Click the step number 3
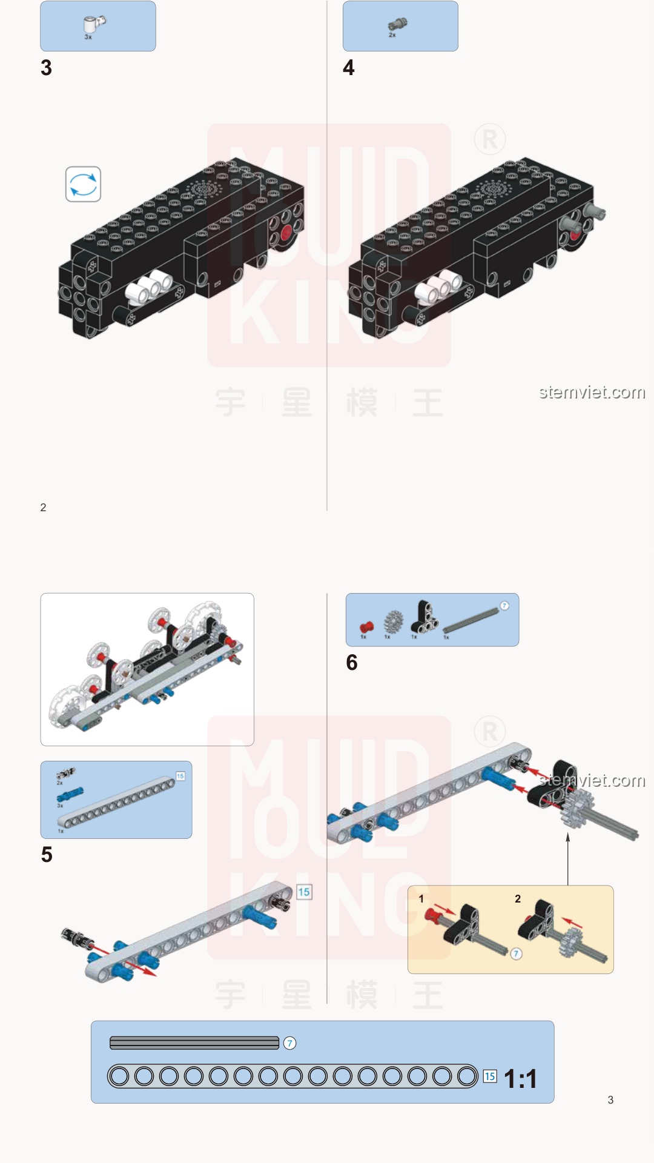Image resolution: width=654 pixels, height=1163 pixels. (46, 68)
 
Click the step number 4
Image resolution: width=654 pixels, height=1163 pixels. (348, 68)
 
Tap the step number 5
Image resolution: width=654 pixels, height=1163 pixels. (47, 855)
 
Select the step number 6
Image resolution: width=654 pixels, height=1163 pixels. (352, 663)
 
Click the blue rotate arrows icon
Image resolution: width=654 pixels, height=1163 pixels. (83, 184)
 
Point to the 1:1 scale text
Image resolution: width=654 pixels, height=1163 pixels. (520, 1079)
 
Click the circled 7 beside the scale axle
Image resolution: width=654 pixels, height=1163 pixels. (290, 1043)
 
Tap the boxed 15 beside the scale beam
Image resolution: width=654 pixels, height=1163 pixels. (490, 1076)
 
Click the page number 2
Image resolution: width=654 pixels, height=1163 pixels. (43, 508)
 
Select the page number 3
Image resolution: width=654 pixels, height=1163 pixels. (610, 1100)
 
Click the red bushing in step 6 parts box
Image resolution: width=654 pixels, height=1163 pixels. (366, 627)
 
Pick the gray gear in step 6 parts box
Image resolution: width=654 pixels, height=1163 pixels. (394, 622)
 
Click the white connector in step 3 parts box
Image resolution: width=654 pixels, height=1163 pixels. (93, 24)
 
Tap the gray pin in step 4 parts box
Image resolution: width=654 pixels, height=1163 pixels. (397, 25)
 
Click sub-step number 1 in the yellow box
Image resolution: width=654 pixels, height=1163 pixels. (421, 899)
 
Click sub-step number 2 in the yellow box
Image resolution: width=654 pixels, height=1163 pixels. (518, 899)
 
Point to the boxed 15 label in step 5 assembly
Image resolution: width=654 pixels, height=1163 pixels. (304, 892)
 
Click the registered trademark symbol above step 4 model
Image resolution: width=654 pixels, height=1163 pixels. (489, 140)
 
